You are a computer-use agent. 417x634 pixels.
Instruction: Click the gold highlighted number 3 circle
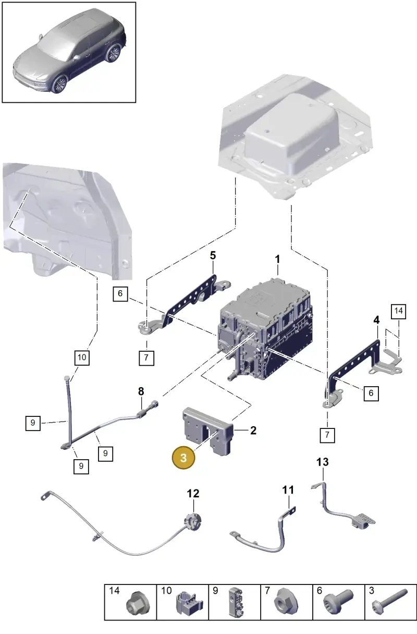[x=183, y=458]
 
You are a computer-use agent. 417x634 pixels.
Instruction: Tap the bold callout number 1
[x=277, y=259]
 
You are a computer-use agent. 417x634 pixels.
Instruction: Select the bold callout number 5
[x=213, y=256]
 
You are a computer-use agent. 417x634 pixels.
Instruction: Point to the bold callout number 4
[x=376, y=320]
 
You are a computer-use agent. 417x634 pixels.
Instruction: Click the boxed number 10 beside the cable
[x=82, y=357]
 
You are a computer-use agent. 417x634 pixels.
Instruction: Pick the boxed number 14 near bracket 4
[x=398, y=311]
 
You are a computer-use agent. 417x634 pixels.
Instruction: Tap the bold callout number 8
[x=141, y=391]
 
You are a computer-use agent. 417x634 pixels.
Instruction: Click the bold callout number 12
[x=193, y=494]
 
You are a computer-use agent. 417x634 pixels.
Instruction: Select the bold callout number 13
[x=323, y=462]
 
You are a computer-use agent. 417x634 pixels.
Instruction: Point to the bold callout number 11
[x=288, y=490]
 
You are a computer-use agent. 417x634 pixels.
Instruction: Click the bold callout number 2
[x=253, y=430]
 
